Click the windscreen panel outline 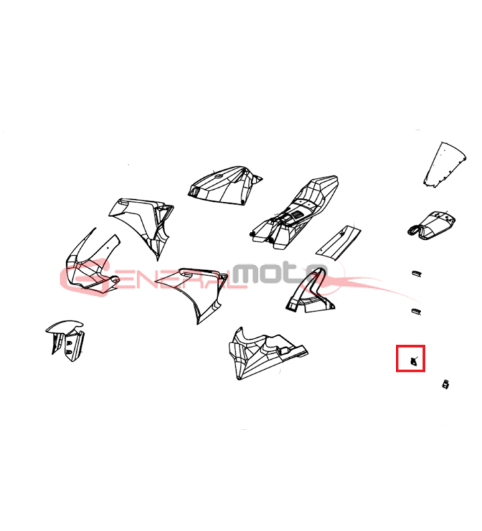(x=445, y=164)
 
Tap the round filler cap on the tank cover (x=218, y=176)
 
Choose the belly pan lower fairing (x=267, y=353)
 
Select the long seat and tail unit (x=295, y=212)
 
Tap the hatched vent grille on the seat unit (x=297, y=214)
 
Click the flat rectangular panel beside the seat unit (x=338, y=243)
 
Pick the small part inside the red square (x=413, y=362)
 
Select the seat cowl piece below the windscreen (x=431, y=225)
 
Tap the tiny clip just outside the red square (x=446, y=384)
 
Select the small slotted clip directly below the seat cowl (x=416, y=273)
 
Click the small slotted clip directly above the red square (x=416, y=311)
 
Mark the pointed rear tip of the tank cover (x=262, y=178)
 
